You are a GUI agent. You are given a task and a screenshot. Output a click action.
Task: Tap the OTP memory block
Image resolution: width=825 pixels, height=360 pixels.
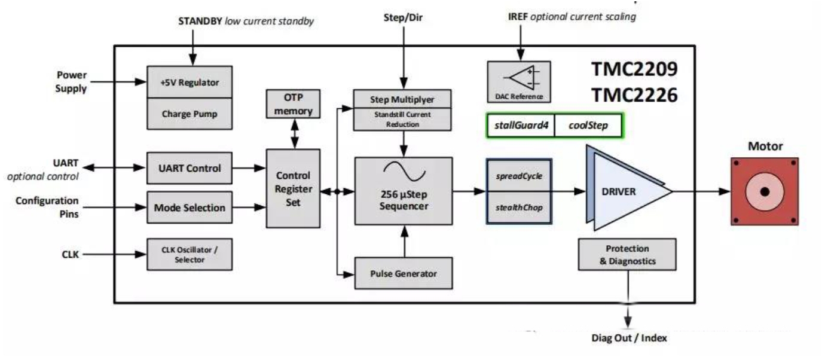pyautogui.click(x=294, y=104)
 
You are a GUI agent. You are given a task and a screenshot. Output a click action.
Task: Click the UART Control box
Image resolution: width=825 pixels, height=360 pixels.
pyautogui.click(x=189, y=169)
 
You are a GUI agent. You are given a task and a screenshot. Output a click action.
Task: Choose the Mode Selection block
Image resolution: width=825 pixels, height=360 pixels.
pyautogui.click(x=189, y=208)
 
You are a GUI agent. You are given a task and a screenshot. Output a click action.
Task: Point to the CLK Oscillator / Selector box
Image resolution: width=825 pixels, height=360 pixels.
pyautogui.click(x=189, y=255)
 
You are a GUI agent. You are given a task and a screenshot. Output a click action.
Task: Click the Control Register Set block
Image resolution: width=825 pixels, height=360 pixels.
pyautogui.click(x=293, y=188)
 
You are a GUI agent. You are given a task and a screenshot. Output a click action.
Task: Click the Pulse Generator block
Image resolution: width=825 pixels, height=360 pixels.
pyautogui.click(x=403, y=274)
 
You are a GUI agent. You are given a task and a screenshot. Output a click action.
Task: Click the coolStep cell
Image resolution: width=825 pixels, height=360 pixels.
pyautogui.click(x=588, y=126)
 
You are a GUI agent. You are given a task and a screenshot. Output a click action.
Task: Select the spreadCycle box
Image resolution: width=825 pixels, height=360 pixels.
pyautogui.click(x=519, y=176)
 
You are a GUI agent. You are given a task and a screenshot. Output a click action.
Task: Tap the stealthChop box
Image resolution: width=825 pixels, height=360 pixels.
pyautogui.click(x=519, y=208)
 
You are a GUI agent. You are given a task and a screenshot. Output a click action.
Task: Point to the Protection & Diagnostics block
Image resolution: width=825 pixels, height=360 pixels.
pyautogui.click(x=627, y=255)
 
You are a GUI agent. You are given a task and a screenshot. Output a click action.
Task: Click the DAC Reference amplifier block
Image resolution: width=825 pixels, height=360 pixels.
pyautogui.click(x=519, y=81)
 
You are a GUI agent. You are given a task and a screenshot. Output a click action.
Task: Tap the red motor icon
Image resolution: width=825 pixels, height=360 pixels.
pyautogui.click(x=764, y=191)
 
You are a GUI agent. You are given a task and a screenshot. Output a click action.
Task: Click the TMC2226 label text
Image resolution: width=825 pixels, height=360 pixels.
pyautogui.click(x=635, y=94)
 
